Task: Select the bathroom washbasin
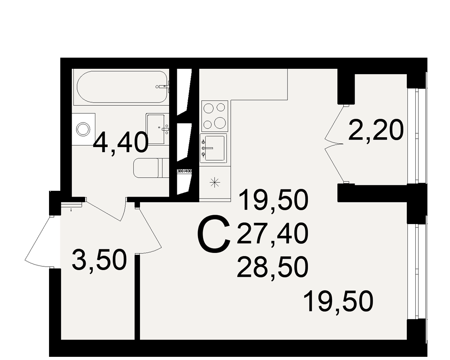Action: [157, 129]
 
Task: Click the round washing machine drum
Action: [83, 129]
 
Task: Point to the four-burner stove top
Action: [215, 116]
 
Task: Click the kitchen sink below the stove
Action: [214, 148]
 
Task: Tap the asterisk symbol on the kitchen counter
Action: [215, 182]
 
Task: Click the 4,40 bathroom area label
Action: [121, 143]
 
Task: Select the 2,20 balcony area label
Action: [376, 130]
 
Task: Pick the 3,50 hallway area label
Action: [99, 261]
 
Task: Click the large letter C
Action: [214, 235]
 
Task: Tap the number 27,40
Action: [272, 234]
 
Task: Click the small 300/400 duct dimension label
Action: [184, 171]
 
